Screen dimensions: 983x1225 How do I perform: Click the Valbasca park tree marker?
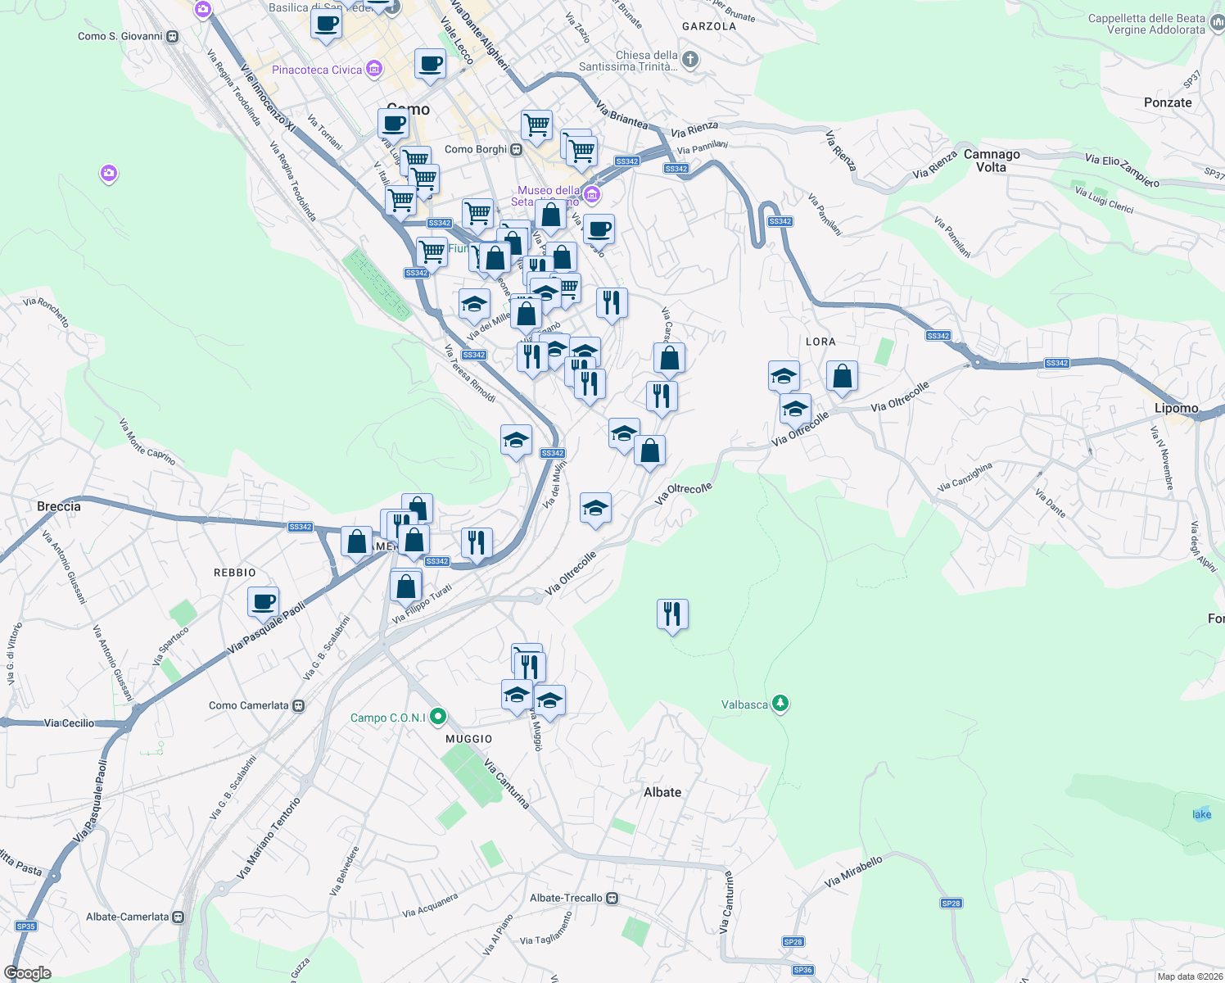(780, 704)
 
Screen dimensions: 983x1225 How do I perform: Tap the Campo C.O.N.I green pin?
(438, 718)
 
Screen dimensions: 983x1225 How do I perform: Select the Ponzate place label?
(1168, 102)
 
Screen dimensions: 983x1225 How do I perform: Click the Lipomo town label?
(1176, 408)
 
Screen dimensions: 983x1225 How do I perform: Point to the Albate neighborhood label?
(662, 792)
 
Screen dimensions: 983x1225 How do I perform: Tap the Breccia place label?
(59, 506)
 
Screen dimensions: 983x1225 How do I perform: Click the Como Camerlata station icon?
(299, 705)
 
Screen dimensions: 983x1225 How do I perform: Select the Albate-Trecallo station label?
(566, 898)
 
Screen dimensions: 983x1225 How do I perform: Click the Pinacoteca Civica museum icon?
(374, 69)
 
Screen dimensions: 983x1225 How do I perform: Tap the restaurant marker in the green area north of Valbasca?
(672, 614)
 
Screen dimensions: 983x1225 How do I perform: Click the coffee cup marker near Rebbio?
(264, 602)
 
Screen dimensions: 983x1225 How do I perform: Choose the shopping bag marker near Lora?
(842, 376)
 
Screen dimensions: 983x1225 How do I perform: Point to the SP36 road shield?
(802, 970)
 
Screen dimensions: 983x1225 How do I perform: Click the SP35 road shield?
(26, 926)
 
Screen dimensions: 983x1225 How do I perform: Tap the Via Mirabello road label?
(853, 872)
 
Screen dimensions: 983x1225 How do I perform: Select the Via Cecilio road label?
(69, 723)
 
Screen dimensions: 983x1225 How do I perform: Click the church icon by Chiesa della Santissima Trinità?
(690, 59)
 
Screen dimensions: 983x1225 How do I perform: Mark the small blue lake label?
(1201, 814)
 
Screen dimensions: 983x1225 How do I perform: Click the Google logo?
(28, 973)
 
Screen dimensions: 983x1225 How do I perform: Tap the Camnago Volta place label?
(992, 161)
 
